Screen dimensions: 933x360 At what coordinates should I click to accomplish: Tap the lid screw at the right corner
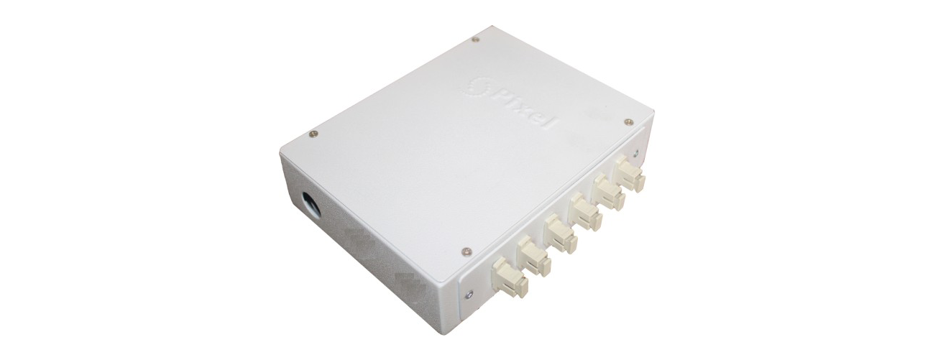click(x=629, y=121)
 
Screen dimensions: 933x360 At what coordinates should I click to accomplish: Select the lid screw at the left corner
click(x=313, y=134)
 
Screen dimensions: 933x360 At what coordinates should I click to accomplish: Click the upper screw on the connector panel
click(x=636, y=153)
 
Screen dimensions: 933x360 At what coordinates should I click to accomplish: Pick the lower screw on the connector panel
click(x=469, y=295)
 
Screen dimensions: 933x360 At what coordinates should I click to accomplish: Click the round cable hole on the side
click(x=310, y=203)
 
